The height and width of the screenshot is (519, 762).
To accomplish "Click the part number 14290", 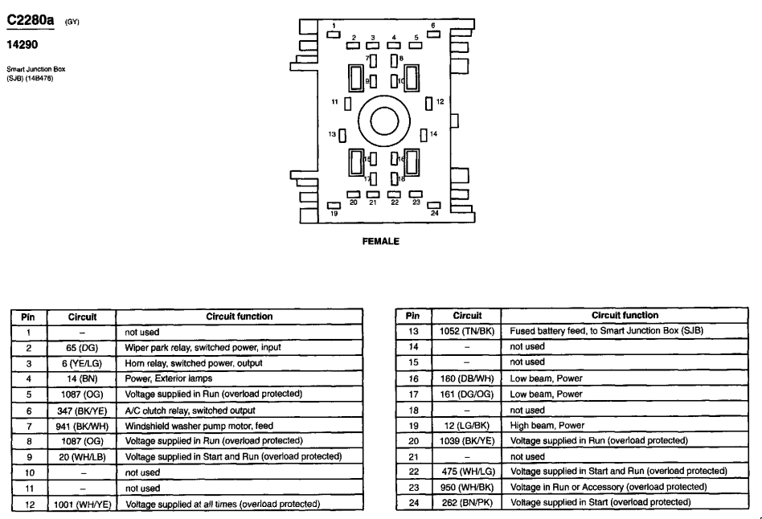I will [x=23, y=45].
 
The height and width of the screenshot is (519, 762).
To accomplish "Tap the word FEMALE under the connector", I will [x=381, y=240].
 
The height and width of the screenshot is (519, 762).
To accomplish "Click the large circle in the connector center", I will [x=383, y=121].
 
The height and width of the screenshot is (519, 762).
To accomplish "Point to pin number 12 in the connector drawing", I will [x=440, y=102].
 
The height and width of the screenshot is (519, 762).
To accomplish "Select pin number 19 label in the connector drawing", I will [x=334, y=214].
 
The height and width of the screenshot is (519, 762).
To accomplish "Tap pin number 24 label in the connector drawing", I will [x=434, y=214].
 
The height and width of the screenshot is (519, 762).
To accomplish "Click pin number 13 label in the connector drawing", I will [x=331, y=134].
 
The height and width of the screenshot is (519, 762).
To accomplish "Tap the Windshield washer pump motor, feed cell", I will [x=196, y=425].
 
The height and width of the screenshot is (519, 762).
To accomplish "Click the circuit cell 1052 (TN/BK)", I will [x=467, y=331].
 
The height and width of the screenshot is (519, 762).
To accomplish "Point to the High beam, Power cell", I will [x=547, y=425].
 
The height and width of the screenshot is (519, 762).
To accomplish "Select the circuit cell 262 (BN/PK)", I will [x=467, y=502].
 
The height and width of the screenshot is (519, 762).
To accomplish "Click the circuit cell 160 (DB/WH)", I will [x=467, y=378].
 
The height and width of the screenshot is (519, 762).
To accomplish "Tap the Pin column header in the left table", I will [x=27, y=317].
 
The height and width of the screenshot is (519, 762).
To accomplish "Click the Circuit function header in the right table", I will [x=624, y=316].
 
